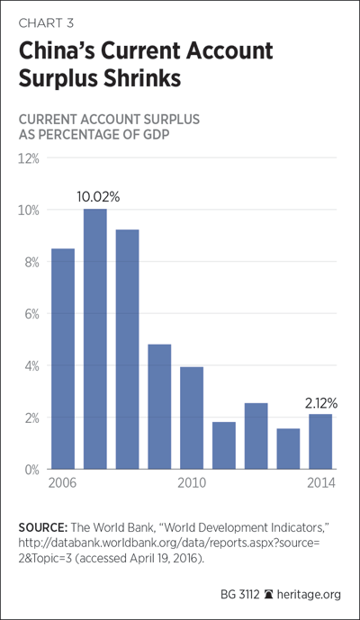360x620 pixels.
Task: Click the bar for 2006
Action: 63,359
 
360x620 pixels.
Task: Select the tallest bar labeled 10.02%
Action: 94,339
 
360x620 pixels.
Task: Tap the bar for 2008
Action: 128,349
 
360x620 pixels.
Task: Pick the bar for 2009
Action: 159,407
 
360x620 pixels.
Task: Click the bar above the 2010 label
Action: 192,418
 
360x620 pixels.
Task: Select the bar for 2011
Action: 224,445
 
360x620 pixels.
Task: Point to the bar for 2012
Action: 256,436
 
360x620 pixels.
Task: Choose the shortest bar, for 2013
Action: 288,449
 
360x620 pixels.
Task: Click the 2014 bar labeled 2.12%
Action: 320,441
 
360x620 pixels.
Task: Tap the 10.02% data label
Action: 98,197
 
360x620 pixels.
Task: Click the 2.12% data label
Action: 321,403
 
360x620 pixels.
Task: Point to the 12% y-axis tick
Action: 29,159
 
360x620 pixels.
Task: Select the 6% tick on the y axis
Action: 31,314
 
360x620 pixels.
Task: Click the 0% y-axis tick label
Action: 31,470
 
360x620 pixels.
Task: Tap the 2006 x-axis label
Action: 62,483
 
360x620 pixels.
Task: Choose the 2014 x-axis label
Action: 321,483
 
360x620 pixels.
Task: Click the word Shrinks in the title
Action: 142,78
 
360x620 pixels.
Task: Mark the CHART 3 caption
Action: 46,22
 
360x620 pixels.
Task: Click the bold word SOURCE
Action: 42,528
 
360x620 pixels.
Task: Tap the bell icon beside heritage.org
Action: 268,594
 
